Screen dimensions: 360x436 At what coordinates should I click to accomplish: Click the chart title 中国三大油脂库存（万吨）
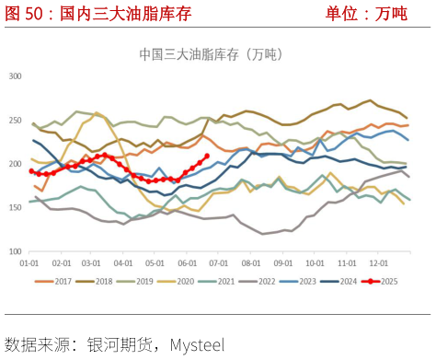click(212, 54)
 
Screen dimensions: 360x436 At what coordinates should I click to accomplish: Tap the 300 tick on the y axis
click(16, 75)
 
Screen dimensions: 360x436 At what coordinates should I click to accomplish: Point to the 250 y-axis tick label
click(16, 120)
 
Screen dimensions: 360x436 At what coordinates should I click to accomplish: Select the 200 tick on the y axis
click(16, 164)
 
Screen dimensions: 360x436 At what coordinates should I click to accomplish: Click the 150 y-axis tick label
click(16, 208)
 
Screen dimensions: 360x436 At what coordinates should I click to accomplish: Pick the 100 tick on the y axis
click(16, 251)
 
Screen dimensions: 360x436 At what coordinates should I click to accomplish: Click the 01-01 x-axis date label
click(32, 263)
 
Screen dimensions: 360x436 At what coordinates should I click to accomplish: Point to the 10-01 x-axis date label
click(318, 263)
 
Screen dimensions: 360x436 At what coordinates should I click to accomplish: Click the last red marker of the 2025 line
click(206, 156)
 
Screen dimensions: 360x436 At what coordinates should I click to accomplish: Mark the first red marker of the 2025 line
click(31, 171)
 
